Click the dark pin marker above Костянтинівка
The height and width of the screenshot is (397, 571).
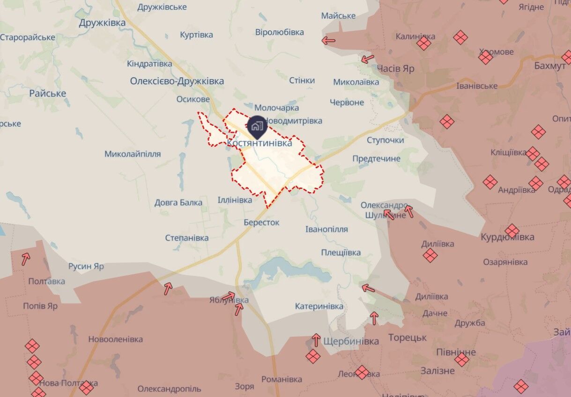pos(257,126)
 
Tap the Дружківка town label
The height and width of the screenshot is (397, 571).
pos(102,23)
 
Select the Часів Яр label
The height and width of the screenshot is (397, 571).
pos(395,68)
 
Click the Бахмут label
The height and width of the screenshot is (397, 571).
pos(549,65)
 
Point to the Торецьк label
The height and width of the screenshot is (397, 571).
pos(407,337)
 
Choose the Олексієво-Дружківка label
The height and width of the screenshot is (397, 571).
pos(177,81)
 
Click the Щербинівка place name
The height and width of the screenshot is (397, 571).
pos(351,341)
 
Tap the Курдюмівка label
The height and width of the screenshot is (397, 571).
pos(507,237)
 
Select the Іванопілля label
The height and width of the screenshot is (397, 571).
pos(326,229)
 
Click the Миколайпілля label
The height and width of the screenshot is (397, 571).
pos(133,154)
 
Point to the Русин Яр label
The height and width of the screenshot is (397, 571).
pos(86,267)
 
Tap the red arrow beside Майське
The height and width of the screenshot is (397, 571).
pos(328,41)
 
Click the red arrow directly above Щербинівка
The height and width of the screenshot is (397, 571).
pos(316,339)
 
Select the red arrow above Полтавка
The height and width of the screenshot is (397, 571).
pos(26,257)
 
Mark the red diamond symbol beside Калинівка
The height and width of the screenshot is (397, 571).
pos(423,43)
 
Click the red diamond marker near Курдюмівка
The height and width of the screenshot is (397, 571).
pos(512,231)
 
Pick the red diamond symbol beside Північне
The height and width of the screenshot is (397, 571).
pos(461,359)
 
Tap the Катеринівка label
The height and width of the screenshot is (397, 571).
pos(319,306)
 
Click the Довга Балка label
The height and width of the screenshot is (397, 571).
pos(178,202)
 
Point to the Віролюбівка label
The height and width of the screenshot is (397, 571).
pos(280,32)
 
